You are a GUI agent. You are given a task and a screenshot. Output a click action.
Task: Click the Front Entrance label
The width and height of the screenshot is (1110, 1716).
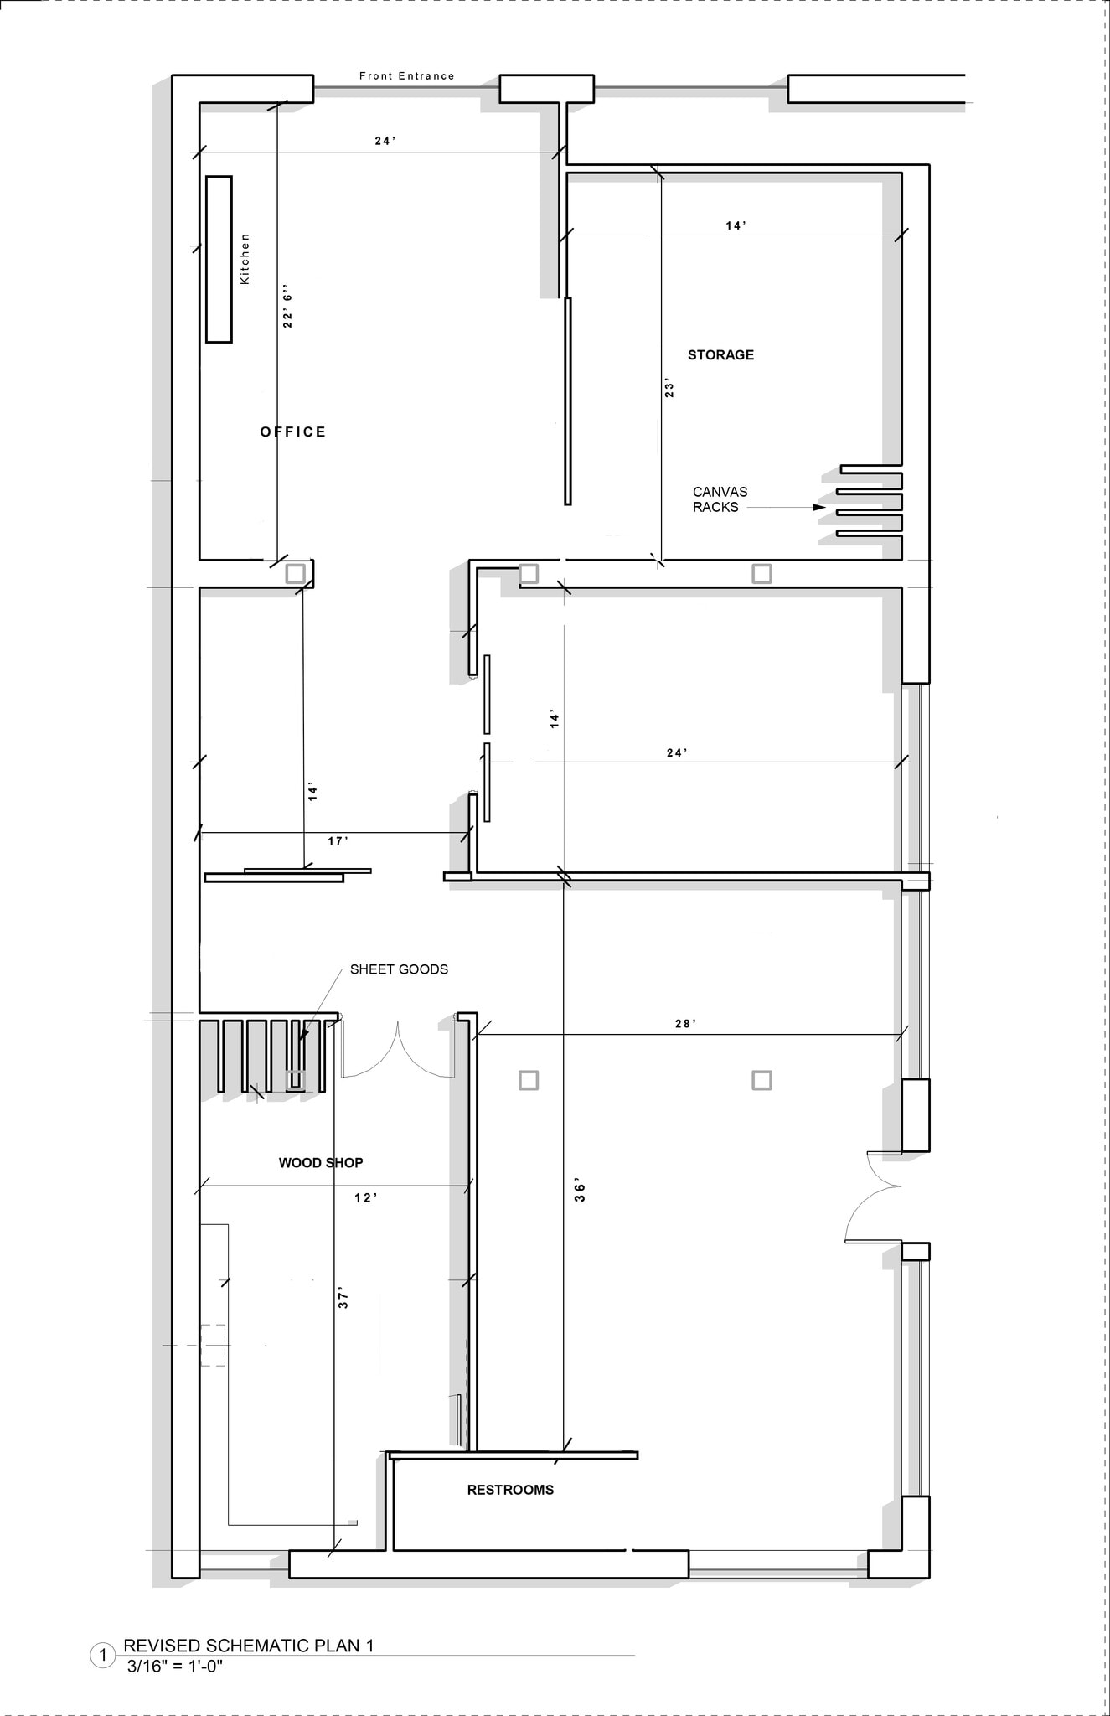(406, 76)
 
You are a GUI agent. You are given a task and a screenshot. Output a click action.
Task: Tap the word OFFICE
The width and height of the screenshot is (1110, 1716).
(292, 432)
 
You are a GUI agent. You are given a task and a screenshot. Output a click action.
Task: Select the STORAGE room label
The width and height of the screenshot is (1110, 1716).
(720, 355)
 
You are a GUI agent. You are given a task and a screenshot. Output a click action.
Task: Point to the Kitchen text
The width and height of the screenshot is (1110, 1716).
(245, 259)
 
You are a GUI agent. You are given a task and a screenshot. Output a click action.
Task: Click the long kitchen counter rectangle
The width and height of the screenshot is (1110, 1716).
(219, 259)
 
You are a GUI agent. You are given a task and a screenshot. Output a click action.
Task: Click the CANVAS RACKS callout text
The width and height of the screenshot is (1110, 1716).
(719, 499)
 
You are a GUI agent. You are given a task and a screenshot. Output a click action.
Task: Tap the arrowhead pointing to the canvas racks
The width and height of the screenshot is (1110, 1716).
(818, 508)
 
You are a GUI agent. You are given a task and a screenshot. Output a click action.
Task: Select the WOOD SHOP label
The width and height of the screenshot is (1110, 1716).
(321, 1163)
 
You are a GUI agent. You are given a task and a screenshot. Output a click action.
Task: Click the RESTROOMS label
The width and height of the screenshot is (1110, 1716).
(510, 1490)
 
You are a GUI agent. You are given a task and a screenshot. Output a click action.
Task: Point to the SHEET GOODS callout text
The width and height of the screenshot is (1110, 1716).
(399, 969)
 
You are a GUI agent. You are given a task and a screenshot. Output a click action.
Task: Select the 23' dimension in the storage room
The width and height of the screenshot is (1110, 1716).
(669, 389)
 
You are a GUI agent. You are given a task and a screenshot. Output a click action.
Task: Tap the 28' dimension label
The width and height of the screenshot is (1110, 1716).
(685, 1024)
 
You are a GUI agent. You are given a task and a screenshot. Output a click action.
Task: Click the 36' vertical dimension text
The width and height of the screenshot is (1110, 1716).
(580, 1192)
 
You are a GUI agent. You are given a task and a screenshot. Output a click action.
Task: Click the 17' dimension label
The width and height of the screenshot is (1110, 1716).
(338, 841)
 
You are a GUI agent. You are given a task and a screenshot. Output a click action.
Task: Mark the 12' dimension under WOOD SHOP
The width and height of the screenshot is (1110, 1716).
(365, 1198)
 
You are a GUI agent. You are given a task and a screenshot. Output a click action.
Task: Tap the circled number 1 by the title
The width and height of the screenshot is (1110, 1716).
(103, 1655)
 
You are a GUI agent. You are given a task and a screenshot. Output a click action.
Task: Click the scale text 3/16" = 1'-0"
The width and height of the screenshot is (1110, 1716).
(175, 1667)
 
